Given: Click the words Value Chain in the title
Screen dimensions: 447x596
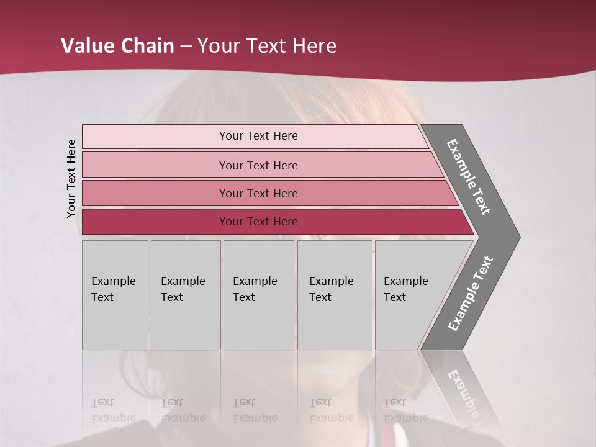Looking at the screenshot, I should coord(117,46).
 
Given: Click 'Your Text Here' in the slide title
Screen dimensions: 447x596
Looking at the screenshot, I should coord(267,46).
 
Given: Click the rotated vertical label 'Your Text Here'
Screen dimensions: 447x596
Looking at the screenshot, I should coord(71,178).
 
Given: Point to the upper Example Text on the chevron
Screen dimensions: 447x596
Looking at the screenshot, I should coord(469,177).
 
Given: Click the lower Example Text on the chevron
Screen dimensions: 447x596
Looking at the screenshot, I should coord(471,294).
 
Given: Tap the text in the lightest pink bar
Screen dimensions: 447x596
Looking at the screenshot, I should coord(258,136).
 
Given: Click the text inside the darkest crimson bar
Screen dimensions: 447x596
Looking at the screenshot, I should coord(258,222).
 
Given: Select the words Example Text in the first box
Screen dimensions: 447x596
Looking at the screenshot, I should coord(113,289).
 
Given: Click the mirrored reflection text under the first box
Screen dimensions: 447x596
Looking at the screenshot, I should coord(113,410).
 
